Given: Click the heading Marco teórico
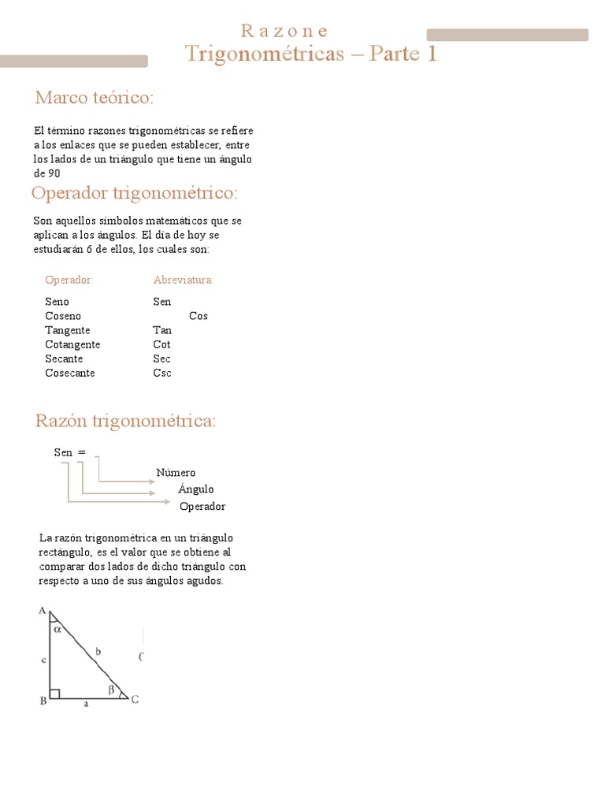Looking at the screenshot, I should coord(95,98).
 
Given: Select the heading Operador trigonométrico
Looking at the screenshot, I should coord(134,193).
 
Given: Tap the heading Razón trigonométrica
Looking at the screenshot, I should coord(125,421).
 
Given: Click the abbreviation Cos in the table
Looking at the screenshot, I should coord(199,316).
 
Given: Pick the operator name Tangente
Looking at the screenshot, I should coord(68,330).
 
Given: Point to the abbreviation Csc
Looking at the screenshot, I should coord(162,373).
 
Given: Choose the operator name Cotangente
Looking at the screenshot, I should coord(72,344).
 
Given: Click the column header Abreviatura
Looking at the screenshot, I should coord(184,280).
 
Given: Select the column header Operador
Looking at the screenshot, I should coord(69,280).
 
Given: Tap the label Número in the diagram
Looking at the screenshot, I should coord(176,473).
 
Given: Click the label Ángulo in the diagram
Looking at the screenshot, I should coord(196,489).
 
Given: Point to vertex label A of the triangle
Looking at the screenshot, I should coord(41,612).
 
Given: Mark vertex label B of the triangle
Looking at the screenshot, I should coord(43,700).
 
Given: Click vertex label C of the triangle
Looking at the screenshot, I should coord(135,699).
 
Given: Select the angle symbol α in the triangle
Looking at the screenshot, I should coord(57,629).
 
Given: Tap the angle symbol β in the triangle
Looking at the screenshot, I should coord(111,690).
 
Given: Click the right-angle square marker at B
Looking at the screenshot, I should coord(54,694).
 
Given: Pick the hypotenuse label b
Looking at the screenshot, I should coord(97,651).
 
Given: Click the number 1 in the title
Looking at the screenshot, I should coord(431,54).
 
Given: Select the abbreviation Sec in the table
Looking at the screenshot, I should coord(162,359).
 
